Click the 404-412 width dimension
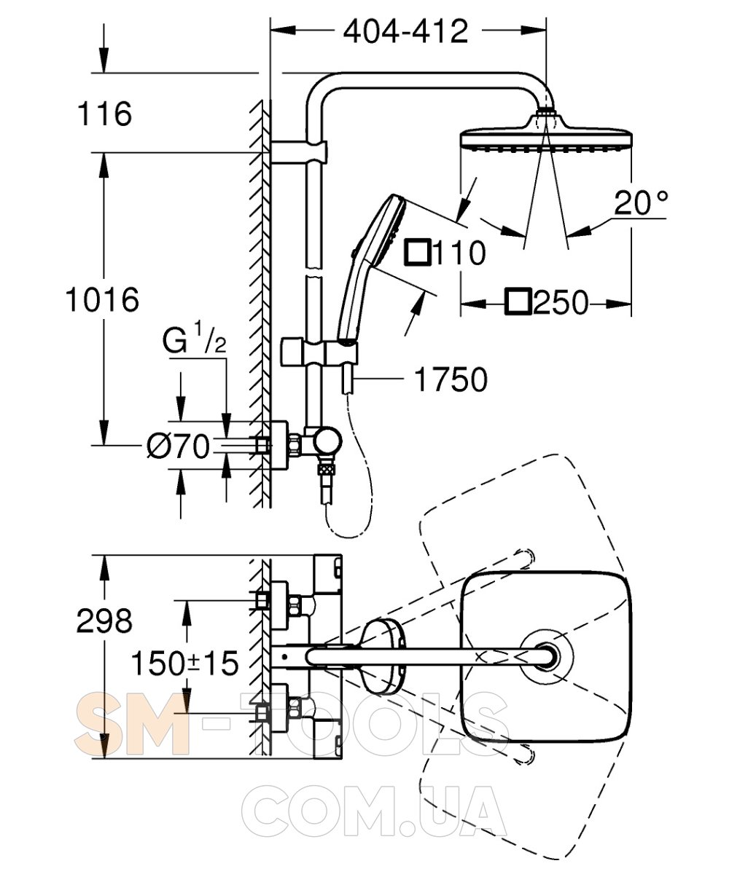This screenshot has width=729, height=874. [x=406, y=32]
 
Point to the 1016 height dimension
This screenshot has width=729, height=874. [x=102, y=299]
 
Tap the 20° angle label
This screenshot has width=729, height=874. [x=640, y=203]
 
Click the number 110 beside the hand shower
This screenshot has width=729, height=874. [x=459, y=253]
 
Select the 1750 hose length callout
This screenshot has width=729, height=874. [x=450, y=379]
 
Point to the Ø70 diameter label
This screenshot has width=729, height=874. [x=178, y=445]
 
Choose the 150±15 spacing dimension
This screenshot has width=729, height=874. [x=185, y=663]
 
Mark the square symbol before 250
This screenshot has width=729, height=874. [x=520, y=302]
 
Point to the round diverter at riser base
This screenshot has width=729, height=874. [x=326, y=441]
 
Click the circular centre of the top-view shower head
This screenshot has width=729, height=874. [x=545, y=653]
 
